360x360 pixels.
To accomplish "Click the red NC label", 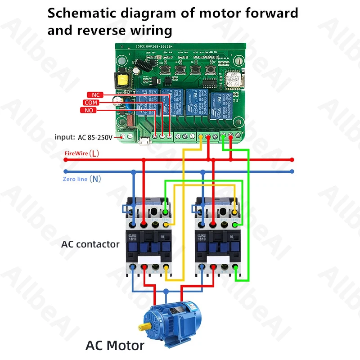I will coord(95,95).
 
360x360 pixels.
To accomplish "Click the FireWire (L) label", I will coord(81,153).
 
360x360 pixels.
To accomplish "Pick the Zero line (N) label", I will coord(81,179).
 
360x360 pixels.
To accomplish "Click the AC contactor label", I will coord(90,244).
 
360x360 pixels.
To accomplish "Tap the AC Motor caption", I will coord(115,346).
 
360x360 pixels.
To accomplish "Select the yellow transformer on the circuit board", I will coord(122,81).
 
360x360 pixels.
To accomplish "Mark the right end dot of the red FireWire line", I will coord(292,159).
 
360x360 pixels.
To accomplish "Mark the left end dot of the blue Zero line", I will coord(66,171).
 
